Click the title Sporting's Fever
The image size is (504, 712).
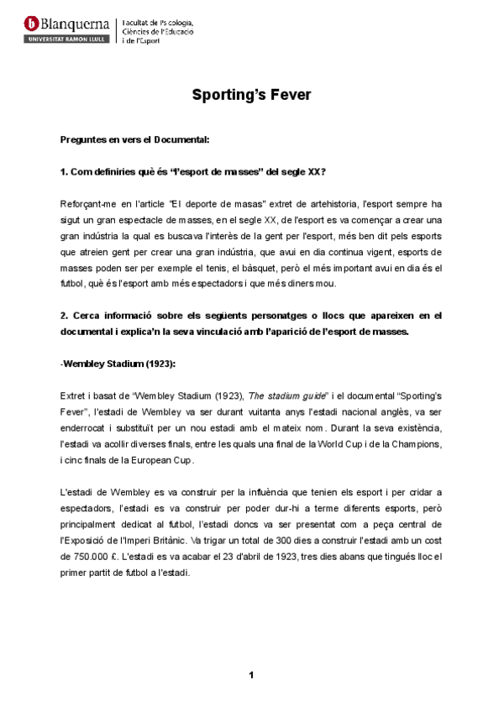pos(252,95)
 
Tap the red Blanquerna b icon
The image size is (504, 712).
pos(32,24)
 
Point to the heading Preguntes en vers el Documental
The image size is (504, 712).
pos(134,138)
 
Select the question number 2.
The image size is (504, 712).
pos(64,316)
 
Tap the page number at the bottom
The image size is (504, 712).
pos(251,674)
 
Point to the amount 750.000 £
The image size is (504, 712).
pos(99,556)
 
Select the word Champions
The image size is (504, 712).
pos(417,443)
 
